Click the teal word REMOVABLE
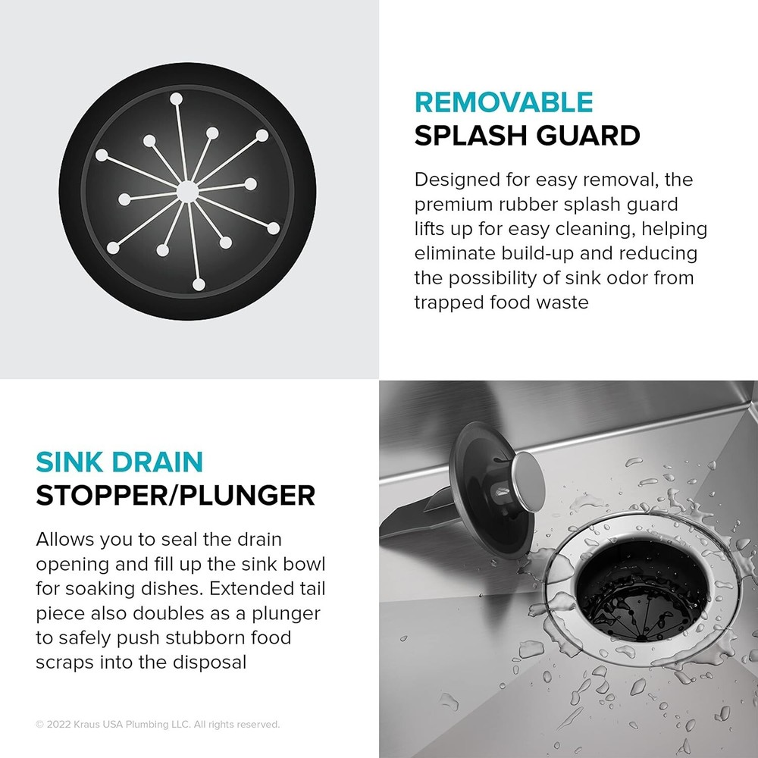tap(503, 102)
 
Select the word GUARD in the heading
tap(590, 136)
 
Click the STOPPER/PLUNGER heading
tap(175, 495)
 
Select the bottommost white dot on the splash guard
tap(199, 285)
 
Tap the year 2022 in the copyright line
tap(60, 725)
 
